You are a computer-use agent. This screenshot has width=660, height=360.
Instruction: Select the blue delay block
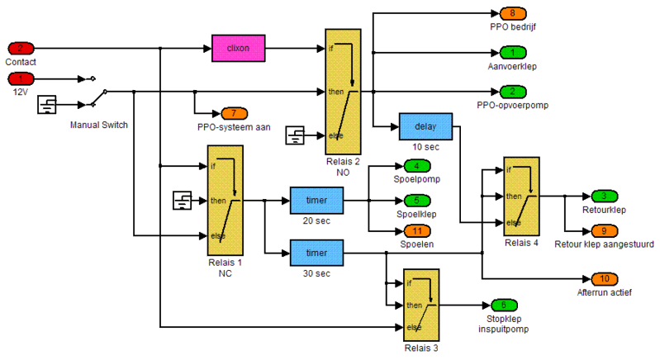click(425, 126)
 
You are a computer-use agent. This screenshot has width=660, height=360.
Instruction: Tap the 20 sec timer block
click(316, 200)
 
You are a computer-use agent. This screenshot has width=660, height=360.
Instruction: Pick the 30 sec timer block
click(316, 252)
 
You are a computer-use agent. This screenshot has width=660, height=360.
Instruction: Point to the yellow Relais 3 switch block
click(420, 305)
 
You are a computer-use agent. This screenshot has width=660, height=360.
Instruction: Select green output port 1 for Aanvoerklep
click(512, 54)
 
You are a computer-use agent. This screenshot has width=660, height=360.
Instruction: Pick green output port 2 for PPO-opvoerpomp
click(512, 92)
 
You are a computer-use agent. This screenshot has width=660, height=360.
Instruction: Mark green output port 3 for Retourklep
click(604, 197)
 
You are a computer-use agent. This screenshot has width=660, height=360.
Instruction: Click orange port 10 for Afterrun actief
click(604, 278)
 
